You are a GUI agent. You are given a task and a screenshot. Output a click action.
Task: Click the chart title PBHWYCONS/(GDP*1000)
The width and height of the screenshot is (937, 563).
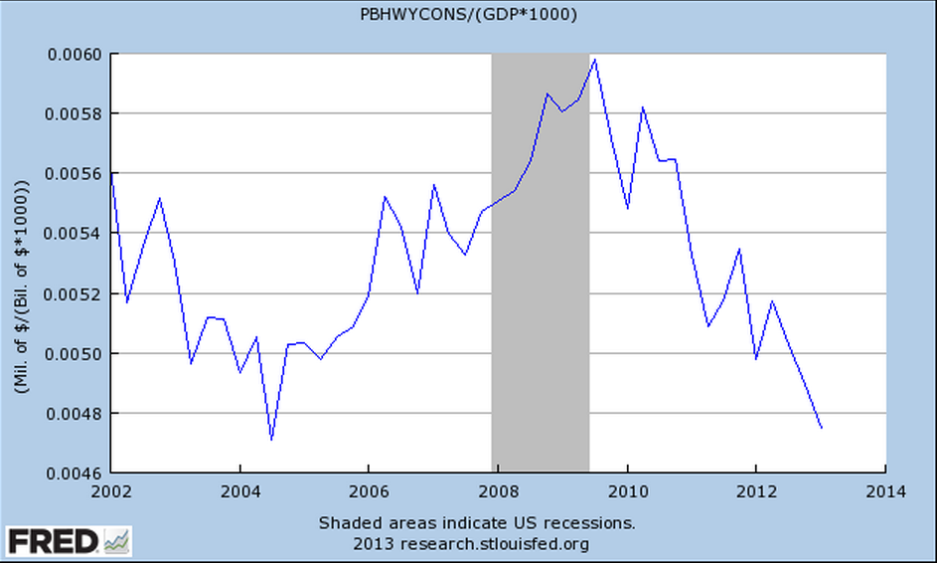pyautogui.click(x=469, y=15)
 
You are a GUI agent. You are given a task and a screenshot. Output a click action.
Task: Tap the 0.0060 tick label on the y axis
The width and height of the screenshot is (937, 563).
pyautogui.click(x=73, y=54)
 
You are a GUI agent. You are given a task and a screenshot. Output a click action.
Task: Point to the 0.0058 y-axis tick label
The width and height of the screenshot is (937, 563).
pyautogui.click(x=73, y=113)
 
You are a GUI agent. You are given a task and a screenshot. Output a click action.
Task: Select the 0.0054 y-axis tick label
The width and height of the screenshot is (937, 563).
pyautogui.click(x=73, y=234)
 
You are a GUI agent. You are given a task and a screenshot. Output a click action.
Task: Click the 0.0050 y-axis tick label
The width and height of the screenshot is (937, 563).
pyautogui.click(x=73, y=353)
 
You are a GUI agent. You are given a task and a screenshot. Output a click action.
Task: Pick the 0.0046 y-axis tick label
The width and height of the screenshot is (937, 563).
pyautogui.click(x=73, y=472)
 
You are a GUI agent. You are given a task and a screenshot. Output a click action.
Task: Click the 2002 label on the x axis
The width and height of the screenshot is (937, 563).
pyautogui.click(x=111, y=490)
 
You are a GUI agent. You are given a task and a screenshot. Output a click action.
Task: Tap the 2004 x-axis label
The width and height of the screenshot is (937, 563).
pyautogui.click(x=239, y=490)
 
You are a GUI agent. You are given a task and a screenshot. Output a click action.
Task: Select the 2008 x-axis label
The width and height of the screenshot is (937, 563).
pyautogui.click(x=498, y=490)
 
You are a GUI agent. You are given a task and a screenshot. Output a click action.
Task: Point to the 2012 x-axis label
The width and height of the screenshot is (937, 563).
pyautogui.click(x=756, y=490)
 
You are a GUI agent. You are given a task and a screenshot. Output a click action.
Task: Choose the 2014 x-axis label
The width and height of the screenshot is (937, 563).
pyautogui.click(x=885, y=490)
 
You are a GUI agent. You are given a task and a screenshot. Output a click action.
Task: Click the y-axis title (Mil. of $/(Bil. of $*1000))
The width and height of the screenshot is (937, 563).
pyautogui.click(x=22, y=263)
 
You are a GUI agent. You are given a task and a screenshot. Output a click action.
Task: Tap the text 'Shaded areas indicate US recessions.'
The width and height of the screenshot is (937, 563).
pyautogui.click(x=477, y=522)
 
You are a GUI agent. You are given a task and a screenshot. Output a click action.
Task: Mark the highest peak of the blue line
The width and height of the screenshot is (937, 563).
pyautogui.click(x=594, y=59)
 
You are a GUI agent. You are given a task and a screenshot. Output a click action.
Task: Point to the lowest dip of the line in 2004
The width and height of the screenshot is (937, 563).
pyautogui.click(x=271, y=439)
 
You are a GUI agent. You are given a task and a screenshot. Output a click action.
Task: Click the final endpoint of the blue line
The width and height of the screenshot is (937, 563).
pyautogui.click(x=822, y=428)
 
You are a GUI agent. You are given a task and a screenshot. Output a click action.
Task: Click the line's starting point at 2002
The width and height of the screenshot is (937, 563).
pyautogui.click(x=111, y=173)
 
